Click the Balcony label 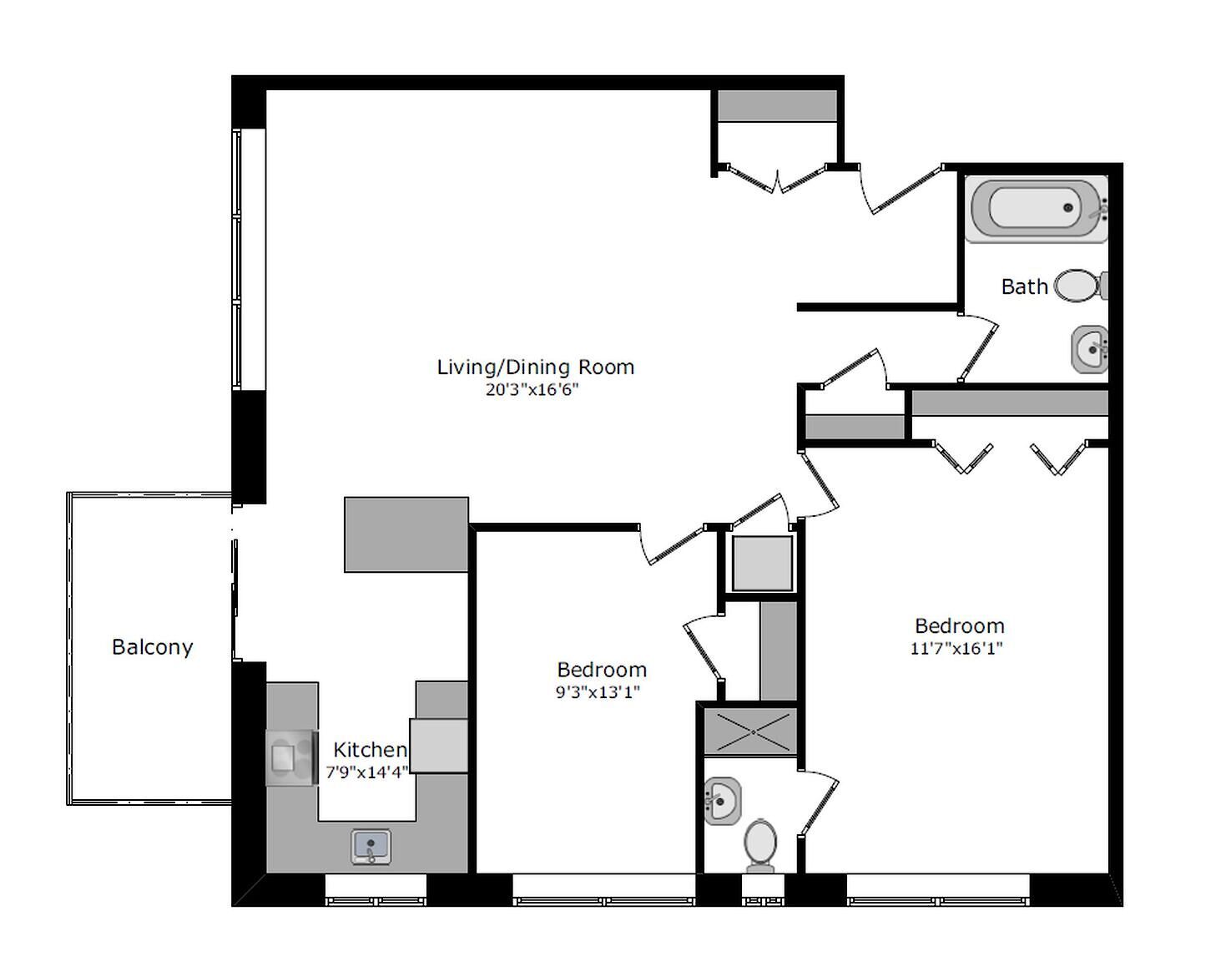(x=153, y=647)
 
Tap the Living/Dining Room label (x=536, y=367)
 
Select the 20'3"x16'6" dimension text (x=532, y=390)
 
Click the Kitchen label (x=370, y=750)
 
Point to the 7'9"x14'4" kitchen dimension (x=367, y=772)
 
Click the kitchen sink (x=371, y=847)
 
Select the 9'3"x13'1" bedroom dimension (x=598, y=692)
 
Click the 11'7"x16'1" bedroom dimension (x=956, y=649)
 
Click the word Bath (x=1025, y=286)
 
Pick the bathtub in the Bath (x=1037, y=209)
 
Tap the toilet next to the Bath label (x=1081, y=286)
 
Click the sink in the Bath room (x=1089, y=349)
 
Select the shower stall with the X (x=750, y=732)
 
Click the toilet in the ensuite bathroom (x=760, y=846)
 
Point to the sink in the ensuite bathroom (x=722, y=801)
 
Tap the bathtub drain (x=1067, y=208)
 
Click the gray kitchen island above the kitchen (x=406, y=534)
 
